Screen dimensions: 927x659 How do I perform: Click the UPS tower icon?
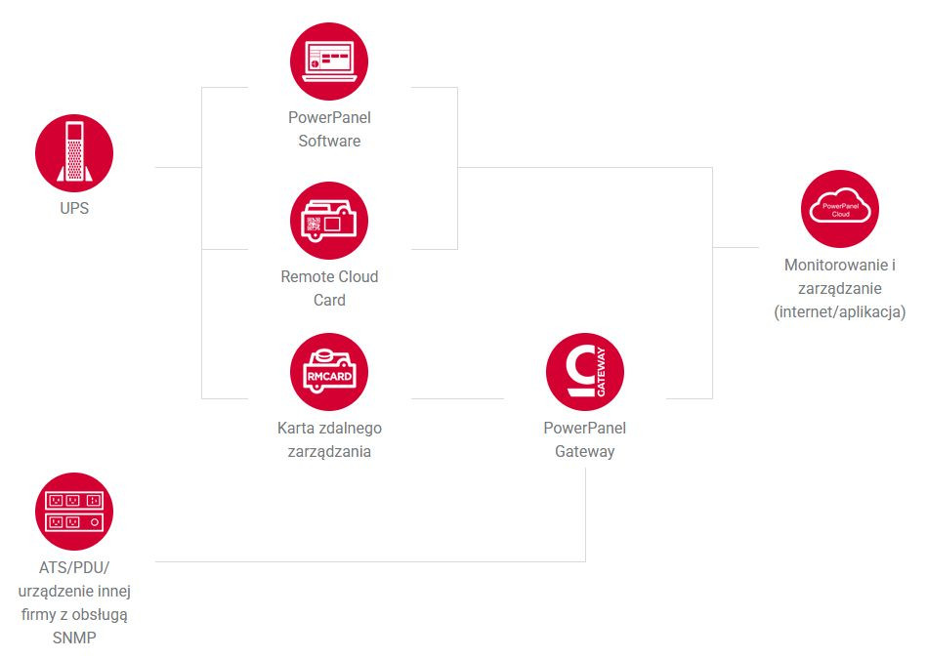(74, 152)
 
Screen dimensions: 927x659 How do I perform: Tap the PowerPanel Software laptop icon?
(329, 62)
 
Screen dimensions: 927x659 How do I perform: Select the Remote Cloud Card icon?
(329, 221)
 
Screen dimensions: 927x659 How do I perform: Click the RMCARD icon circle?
(329, 372)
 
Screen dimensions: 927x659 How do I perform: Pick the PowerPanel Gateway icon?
(585, 372)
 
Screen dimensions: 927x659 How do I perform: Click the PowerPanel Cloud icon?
(840, 209)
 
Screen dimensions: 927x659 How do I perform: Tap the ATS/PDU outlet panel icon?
(74, 512)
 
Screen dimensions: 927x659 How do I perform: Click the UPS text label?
(74, 209)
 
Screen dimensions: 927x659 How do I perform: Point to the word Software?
(329, 142)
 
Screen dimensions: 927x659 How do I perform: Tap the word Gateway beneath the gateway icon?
(585, 452)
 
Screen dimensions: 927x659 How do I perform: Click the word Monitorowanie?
(836, 266)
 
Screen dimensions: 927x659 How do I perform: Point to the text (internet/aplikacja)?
(840, 312)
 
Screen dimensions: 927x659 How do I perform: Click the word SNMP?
(74, 638)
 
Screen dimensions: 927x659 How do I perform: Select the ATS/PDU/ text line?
(74, 568)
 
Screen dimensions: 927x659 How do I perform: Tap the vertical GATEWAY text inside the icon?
(602, 372)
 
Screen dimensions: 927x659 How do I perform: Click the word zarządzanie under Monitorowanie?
(840, 289)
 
